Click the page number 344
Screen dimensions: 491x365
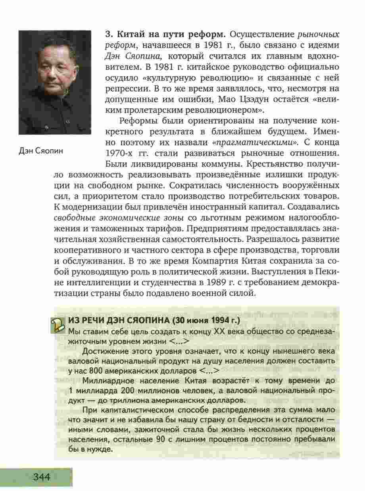pos(41,477)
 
